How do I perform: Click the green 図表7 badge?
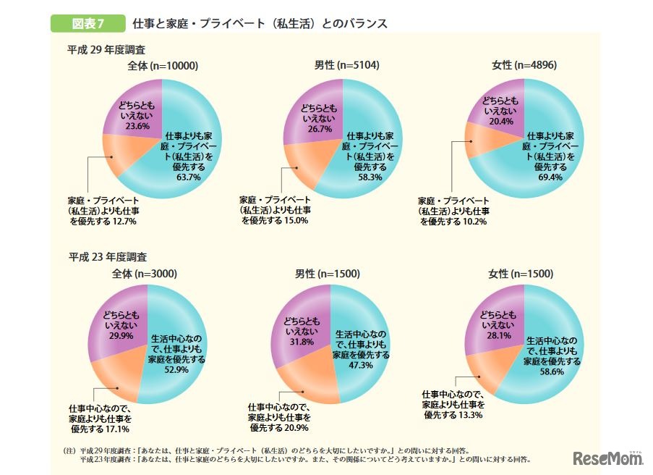pyautogui.click(x=88, y=23)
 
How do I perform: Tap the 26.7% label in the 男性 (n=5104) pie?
pyautogui.click(x=319, y=129)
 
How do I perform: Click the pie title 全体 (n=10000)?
pyautogui.click(x=163, y=66)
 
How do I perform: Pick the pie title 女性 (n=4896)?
pyautogui.click(x=524, y=66)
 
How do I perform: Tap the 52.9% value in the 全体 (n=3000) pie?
pyautogui.click(x=177, y=369)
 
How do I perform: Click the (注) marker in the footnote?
pyautogui.click(x=70, y=450)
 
